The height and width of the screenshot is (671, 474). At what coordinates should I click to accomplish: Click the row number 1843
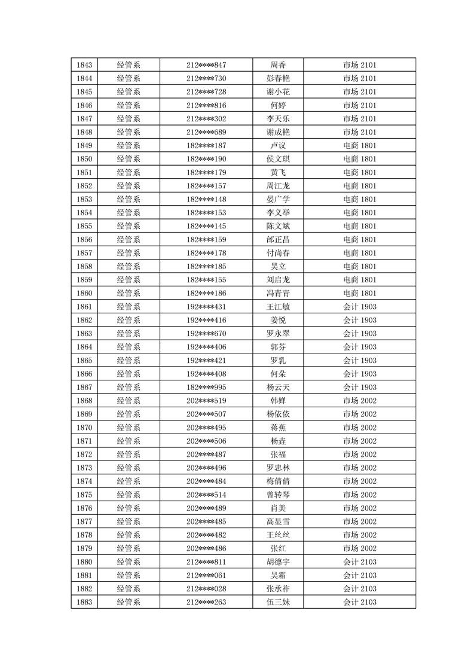point(84,65)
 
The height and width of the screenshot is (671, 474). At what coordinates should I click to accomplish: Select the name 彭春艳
point(278,78)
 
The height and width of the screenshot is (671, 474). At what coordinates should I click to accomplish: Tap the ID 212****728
point(206,91)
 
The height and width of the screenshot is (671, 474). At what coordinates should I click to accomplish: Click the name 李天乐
point(278,118)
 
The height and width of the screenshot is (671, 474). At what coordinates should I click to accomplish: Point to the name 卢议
point(278,145)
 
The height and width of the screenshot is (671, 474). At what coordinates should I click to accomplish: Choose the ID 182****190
point(206,159)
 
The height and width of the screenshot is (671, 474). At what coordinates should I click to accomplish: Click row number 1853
point(84,199)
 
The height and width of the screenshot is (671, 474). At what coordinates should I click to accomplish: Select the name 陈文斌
point(278,226)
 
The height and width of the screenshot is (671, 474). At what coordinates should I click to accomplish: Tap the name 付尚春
point(278,253)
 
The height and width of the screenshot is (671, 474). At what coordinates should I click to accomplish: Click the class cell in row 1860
point(359,293)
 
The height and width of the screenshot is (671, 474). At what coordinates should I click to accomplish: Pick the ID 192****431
point(206,307)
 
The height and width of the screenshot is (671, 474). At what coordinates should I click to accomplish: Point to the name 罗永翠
point(278,334)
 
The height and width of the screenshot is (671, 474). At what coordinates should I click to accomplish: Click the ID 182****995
point(206,388)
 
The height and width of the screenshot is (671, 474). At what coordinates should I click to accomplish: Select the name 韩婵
point(278,401)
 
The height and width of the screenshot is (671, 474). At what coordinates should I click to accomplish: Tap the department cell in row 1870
point(129,428)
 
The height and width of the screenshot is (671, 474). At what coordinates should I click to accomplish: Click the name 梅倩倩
point(278,481)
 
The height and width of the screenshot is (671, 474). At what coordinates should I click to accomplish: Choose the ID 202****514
point(206,495)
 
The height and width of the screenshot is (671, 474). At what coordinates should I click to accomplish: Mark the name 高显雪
point(278,521)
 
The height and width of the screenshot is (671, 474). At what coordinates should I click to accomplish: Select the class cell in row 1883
point(359,602)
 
